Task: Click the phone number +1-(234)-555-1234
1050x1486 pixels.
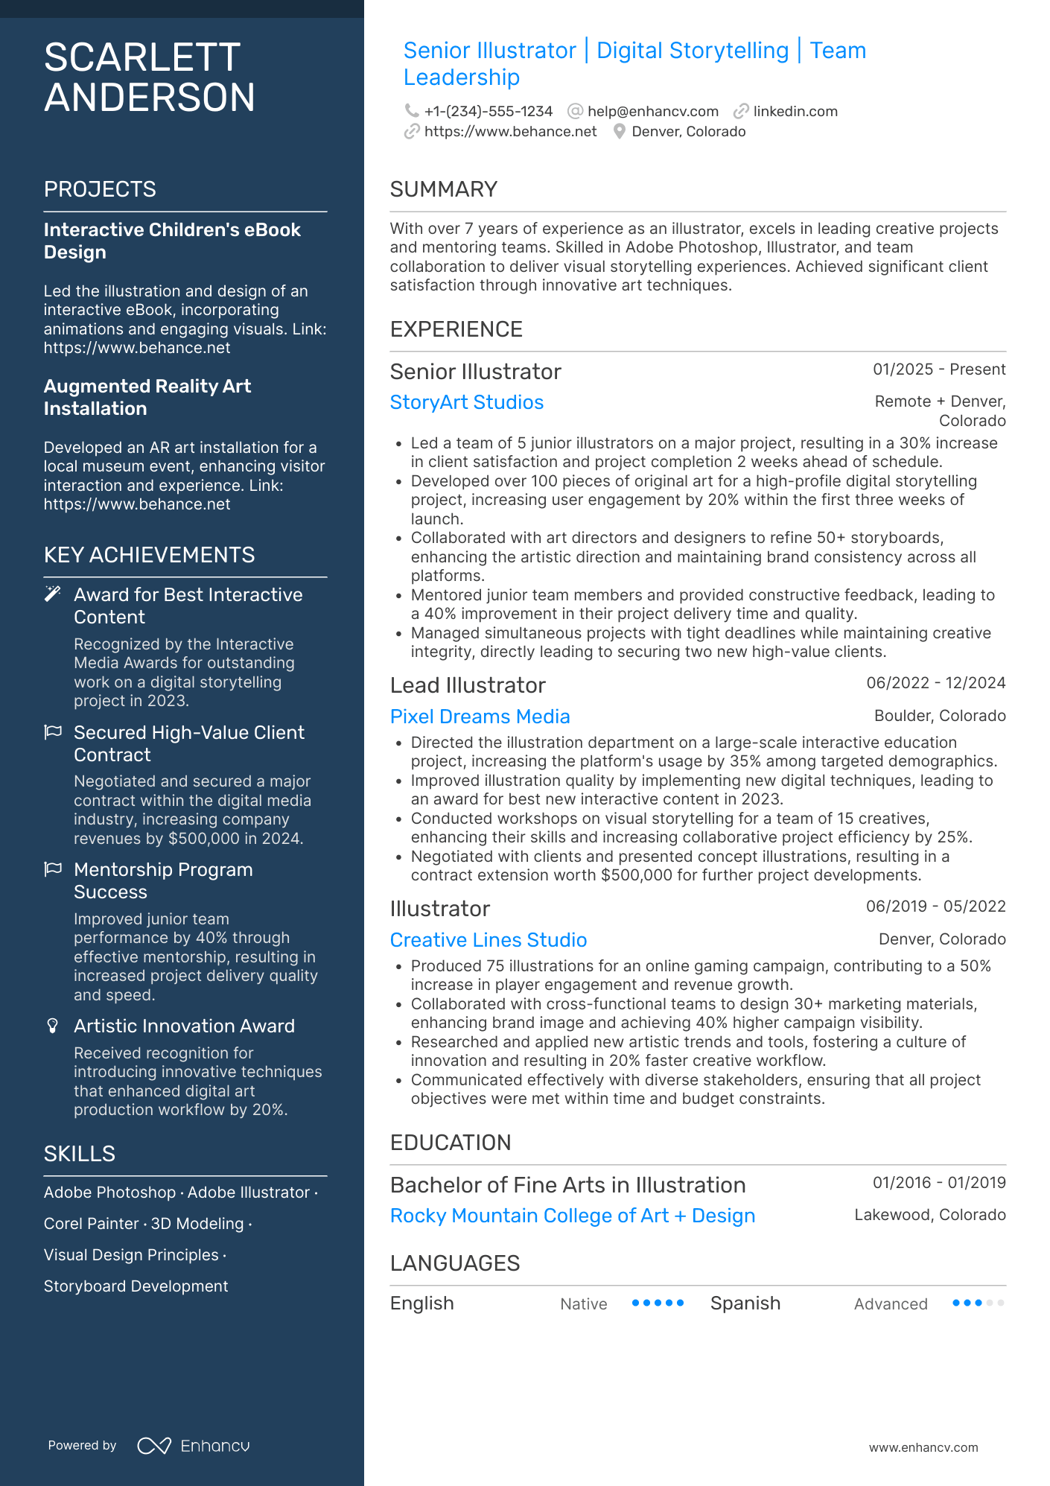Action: (x=488, y=112)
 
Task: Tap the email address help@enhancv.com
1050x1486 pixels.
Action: (x=652, y=112)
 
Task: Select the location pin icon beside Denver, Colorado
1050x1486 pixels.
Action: (x=619, y=132)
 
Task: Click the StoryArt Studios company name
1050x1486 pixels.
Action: (x=467, y=402)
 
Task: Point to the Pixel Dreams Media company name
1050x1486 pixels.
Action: (x=480, y=717)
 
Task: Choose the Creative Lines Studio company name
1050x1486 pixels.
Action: (x=489, y=940)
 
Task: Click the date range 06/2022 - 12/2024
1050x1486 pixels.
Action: (x=935, y=683)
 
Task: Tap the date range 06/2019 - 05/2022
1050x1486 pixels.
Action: (x=935, y=906)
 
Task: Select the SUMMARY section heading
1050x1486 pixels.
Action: (x=444, y=189)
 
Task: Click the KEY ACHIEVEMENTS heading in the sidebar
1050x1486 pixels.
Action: (x=149, y=555)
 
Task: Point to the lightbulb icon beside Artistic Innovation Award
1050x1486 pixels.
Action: (x=53, y=1026)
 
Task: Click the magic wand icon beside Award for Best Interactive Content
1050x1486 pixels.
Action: (x=53, y=594)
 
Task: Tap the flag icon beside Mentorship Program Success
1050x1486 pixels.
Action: (x=53, y=869)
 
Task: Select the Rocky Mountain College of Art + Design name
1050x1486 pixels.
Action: (x=572, y=1216)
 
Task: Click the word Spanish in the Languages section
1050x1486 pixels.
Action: (x=745, y=1304)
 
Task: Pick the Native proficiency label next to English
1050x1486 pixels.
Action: (x=584, y=1304)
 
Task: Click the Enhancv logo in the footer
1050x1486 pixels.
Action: (x=194, y=1446)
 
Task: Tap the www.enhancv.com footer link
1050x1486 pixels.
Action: (x=923, y=1447)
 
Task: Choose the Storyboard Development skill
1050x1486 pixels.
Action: (x=136, y=1286)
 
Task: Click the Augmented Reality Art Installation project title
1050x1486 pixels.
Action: (x=147, y=397)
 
